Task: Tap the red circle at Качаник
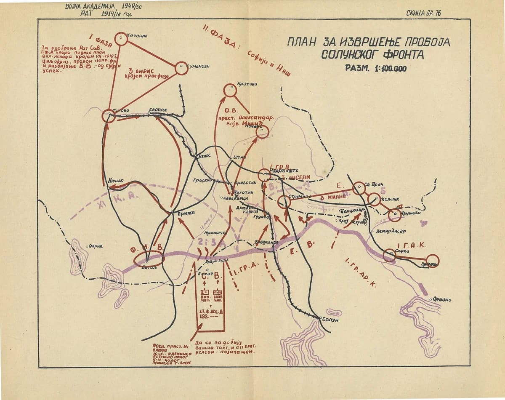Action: coord(121,39)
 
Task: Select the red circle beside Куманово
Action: coord(181,68)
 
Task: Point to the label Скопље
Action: coord(158,110)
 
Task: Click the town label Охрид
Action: coord(96,246)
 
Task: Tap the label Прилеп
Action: coord(184,213)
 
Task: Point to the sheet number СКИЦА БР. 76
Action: coord(423,13)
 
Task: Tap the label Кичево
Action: coord(116,181)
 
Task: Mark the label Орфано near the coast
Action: coord(442,300)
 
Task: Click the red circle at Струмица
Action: coord(284,202)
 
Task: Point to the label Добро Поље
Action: coord(217,261)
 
